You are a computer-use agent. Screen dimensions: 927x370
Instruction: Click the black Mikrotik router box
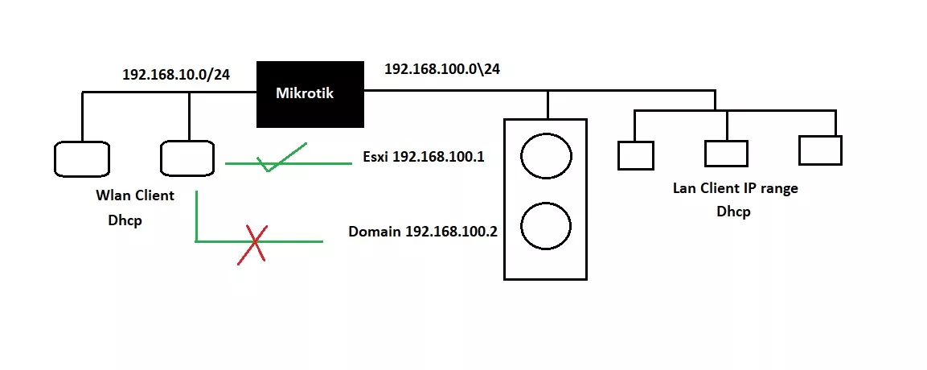pyautogui.click(x=310, y=94)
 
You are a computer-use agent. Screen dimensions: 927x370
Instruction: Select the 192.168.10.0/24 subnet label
pyautogui.click(x=176, y=75)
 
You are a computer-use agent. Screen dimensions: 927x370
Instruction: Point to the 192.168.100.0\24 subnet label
pyautogui.click(x=442, y=69)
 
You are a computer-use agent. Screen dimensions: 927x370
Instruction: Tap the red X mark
pyautogui.click(x=252, y=245)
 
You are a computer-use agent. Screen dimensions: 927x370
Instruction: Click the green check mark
pyautogui.click(x=282, y=157)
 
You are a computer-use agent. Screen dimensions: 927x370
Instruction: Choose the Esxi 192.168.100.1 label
pyautogui.click(x=423, y=157)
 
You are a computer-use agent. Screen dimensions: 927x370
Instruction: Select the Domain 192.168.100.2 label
pyautogui.click(x=423, y=232)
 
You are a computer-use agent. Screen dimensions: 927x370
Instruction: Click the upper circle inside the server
pyautogui.click(x=546, y=155)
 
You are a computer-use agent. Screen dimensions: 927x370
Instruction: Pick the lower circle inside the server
pyautogui.click(x=546, y=226)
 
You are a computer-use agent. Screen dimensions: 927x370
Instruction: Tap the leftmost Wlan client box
pyautogui.click(x=81, y=159)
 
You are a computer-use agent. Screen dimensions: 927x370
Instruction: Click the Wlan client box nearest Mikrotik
pyautogui.click(x=187, y=158)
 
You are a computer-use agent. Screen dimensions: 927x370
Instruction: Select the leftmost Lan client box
pyautogui.click(x=635, y=155)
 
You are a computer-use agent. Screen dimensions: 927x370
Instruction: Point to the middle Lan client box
pyautogui.click(x=726, y=153)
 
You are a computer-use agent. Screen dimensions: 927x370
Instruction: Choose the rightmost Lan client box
pyautogui.click(x=820, y=150)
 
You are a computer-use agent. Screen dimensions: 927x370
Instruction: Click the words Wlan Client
pyautogui.click(x=135, y=195)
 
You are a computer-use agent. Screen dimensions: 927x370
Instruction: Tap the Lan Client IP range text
pyautogui.click(x=736, y=188)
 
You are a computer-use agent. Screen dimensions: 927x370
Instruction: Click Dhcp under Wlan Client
pyautogui.click(x=125, y=220)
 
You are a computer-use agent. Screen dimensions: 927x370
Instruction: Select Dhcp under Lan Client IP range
pyautogui.click(x=734, y=212)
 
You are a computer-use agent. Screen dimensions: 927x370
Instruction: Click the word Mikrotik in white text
pyautogui.click(x=305, y=93)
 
